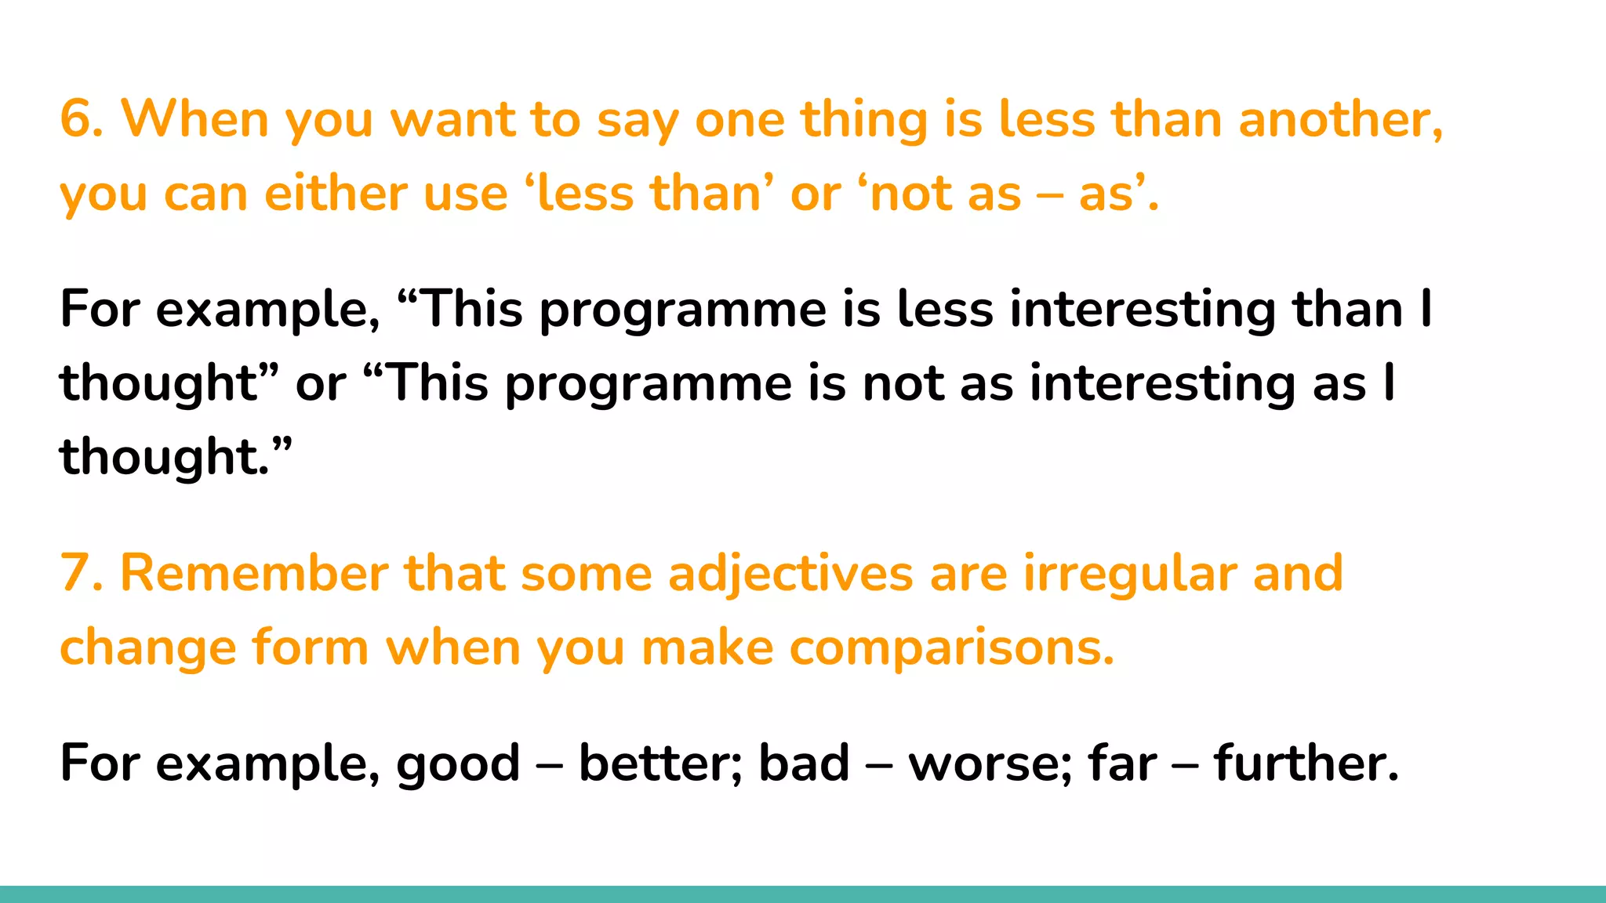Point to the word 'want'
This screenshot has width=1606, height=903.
click(x=452, y=119)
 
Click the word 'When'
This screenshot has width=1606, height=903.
click(x=195, y=119)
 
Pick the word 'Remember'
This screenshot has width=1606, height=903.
click(x=253, y=573)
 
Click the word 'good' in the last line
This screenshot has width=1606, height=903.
click(x=458, y=764)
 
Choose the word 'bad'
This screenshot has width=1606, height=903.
click(x=805, y=763)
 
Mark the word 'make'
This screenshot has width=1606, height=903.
click(x=707, y=648)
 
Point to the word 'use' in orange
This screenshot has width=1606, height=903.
click(x=466, y=194)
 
